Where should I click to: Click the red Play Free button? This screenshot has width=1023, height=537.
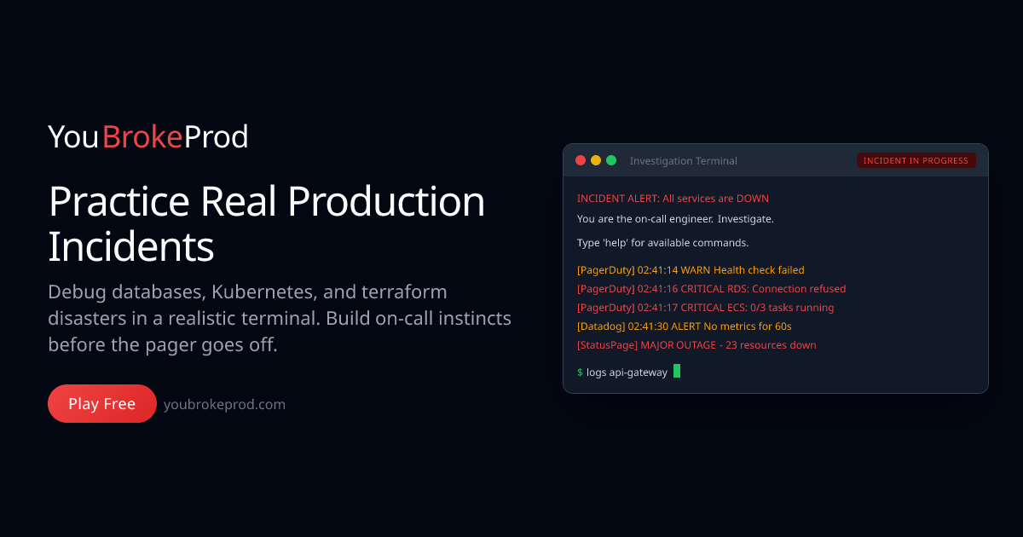102,404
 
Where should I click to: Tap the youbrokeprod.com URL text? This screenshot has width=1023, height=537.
224,405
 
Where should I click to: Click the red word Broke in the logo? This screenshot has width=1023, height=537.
142,137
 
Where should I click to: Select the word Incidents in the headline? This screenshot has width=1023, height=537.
131,246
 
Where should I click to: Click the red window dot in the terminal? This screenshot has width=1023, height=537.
581,160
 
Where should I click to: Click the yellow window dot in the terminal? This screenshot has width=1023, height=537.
596,160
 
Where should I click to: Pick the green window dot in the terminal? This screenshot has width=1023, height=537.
611,160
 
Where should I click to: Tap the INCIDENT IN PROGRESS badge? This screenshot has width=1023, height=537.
916,160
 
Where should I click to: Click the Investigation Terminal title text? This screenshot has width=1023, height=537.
683,161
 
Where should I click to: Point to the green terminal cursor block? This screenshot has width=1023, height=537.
677,372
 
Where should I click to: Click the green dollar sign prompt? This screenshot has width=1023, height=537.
580,372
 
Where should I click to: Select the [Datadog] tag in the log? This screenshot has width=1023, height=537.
601,326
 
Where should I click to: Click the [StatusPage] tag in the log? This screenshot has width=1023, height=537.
607,345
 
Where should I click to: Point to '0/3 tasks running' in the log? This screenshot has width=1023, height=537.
792,308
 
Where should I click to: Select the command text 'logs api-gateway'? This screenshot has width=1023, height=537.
627,372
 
